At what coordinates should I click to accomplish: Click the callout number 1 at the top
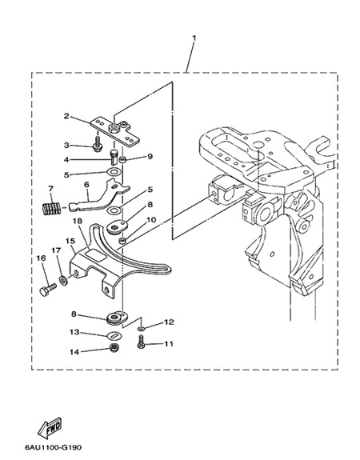click(194, 38)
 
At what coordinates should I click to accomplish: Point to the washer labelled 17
click(62, 280)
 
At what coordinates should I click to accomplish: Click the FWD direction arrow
click(50, 427)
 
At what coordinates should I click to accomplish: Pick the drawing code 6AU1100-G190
click(53, 448)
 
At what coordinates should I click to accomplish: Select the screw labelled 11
click(141, 342)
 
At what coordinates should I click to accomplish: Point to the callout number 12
click(169, 322)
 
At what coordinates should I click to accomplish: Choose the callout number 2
click(66, 116)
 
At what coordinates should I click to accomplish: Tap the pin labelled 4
click(114, 158)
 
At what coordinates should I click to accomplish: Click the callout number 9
click(150, 156)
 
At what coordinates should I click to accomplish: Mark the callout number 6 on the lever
click(86, 185)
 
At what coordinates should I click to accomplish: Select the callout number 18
click(78, 221)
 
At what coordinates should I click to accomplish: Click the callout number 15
click(70, 241)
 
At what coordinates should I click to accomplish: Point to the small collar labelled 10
click(122, 241)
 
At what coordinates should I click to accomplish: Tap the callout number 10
click(151, 220)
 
